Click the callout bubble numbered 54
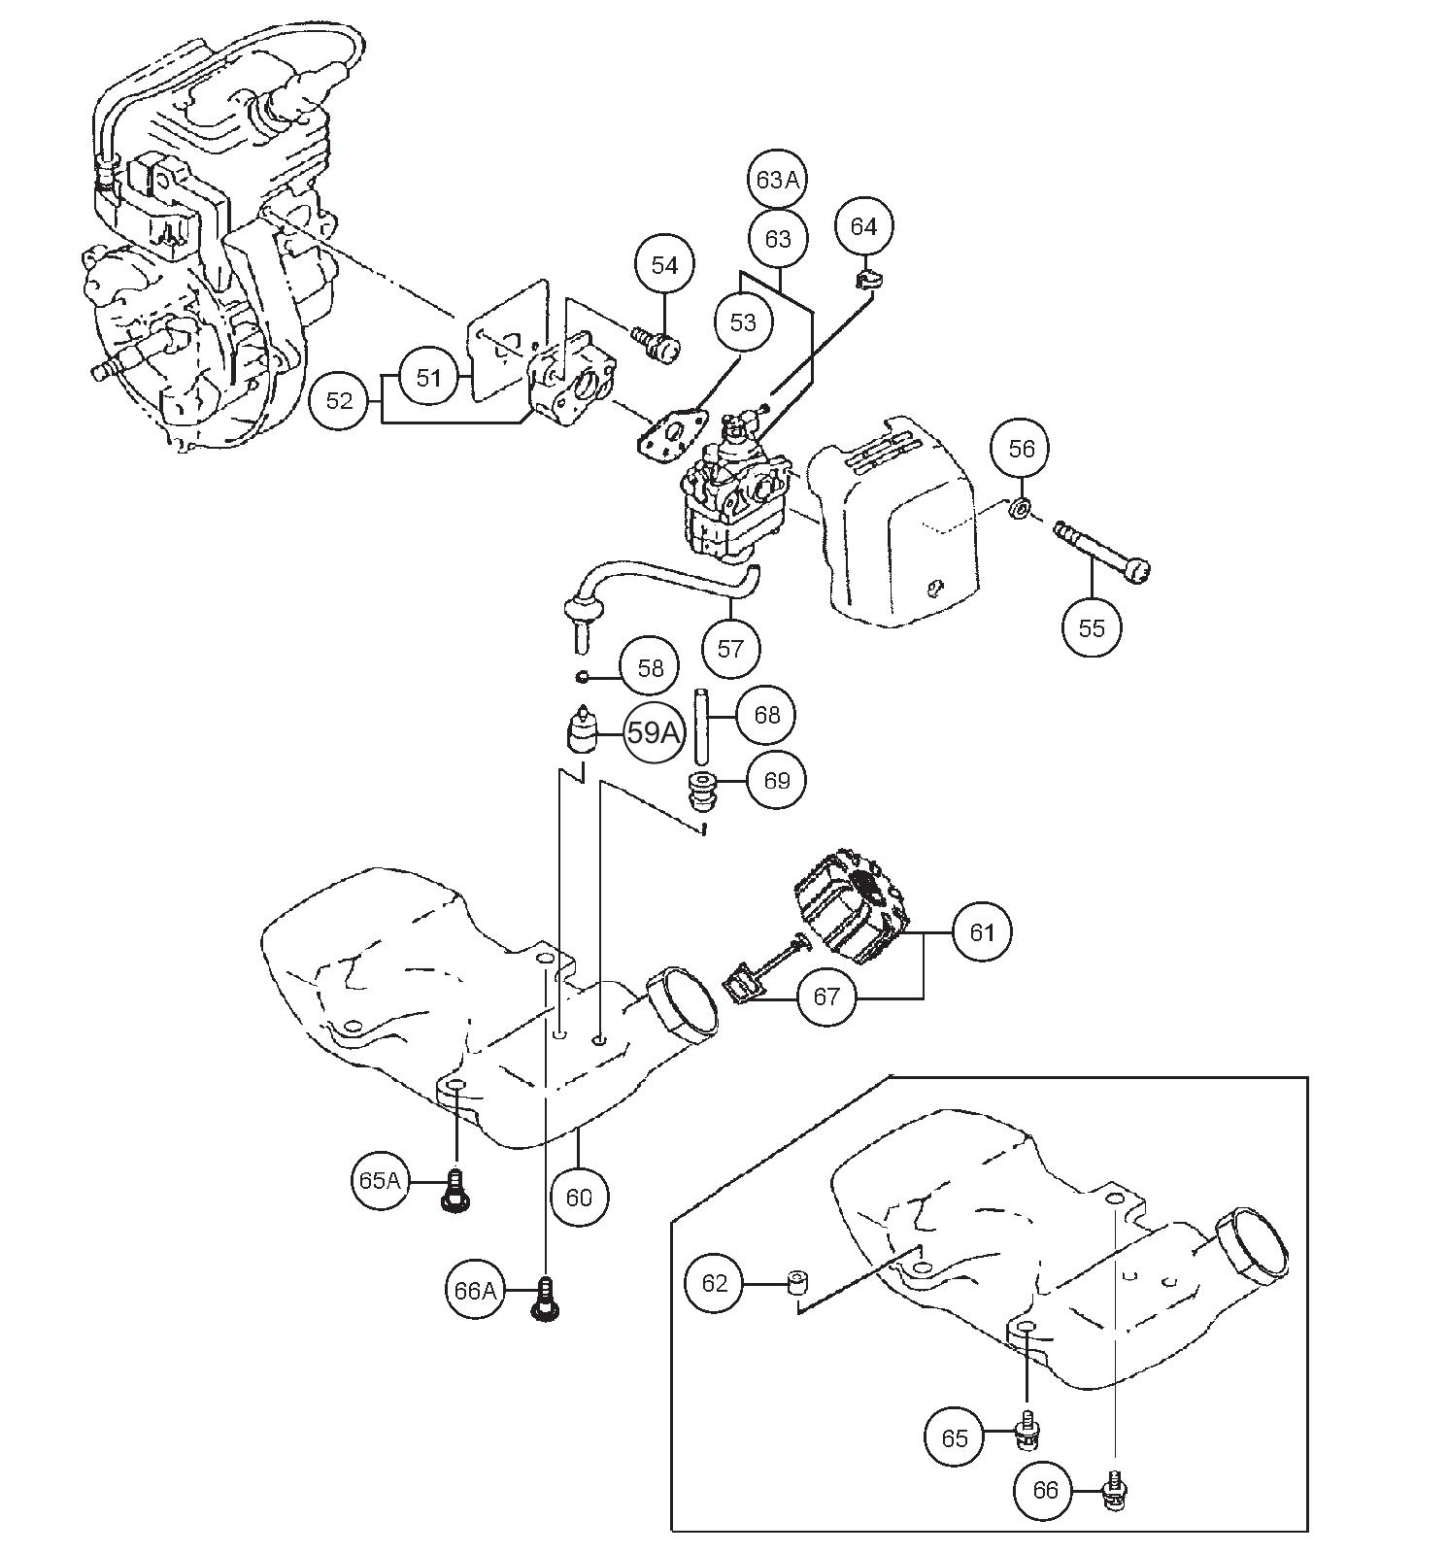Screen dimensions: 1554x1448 pyautogui.click(x=664, y=265)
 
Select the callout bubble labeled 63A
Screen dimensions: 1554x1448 pyautogui.click(x=779, y=180)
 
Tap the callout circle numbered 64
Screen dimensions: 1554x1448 pyautogui.click(x=863, y=226)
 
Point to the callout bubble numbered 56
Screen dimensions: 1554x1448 pyautogui.click(x=1022, y=448)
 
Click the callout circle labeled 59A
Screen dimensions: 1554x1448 pyautogui.click(x=653, y=732)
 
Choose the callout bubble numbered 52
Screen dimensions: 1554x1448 pyautogui.click(x=339, y=400)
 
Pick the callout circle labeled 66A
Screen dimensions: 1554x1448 pyautogui.click(x=475, y=1290)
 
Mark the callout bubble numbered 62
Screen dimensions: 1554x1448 pyautogui.click(x=714, y=1283)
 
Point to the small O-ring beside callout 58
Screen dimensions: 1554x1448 pyautogui.click(x=581, y=676)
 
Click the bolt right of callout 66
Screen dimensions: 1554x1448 pyautogui.click(x=1115, y=1488)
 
